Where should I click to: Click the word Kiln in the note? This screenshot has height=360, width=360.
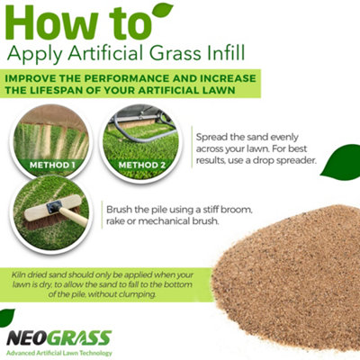pyautogui.click(x=21, y=271)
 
